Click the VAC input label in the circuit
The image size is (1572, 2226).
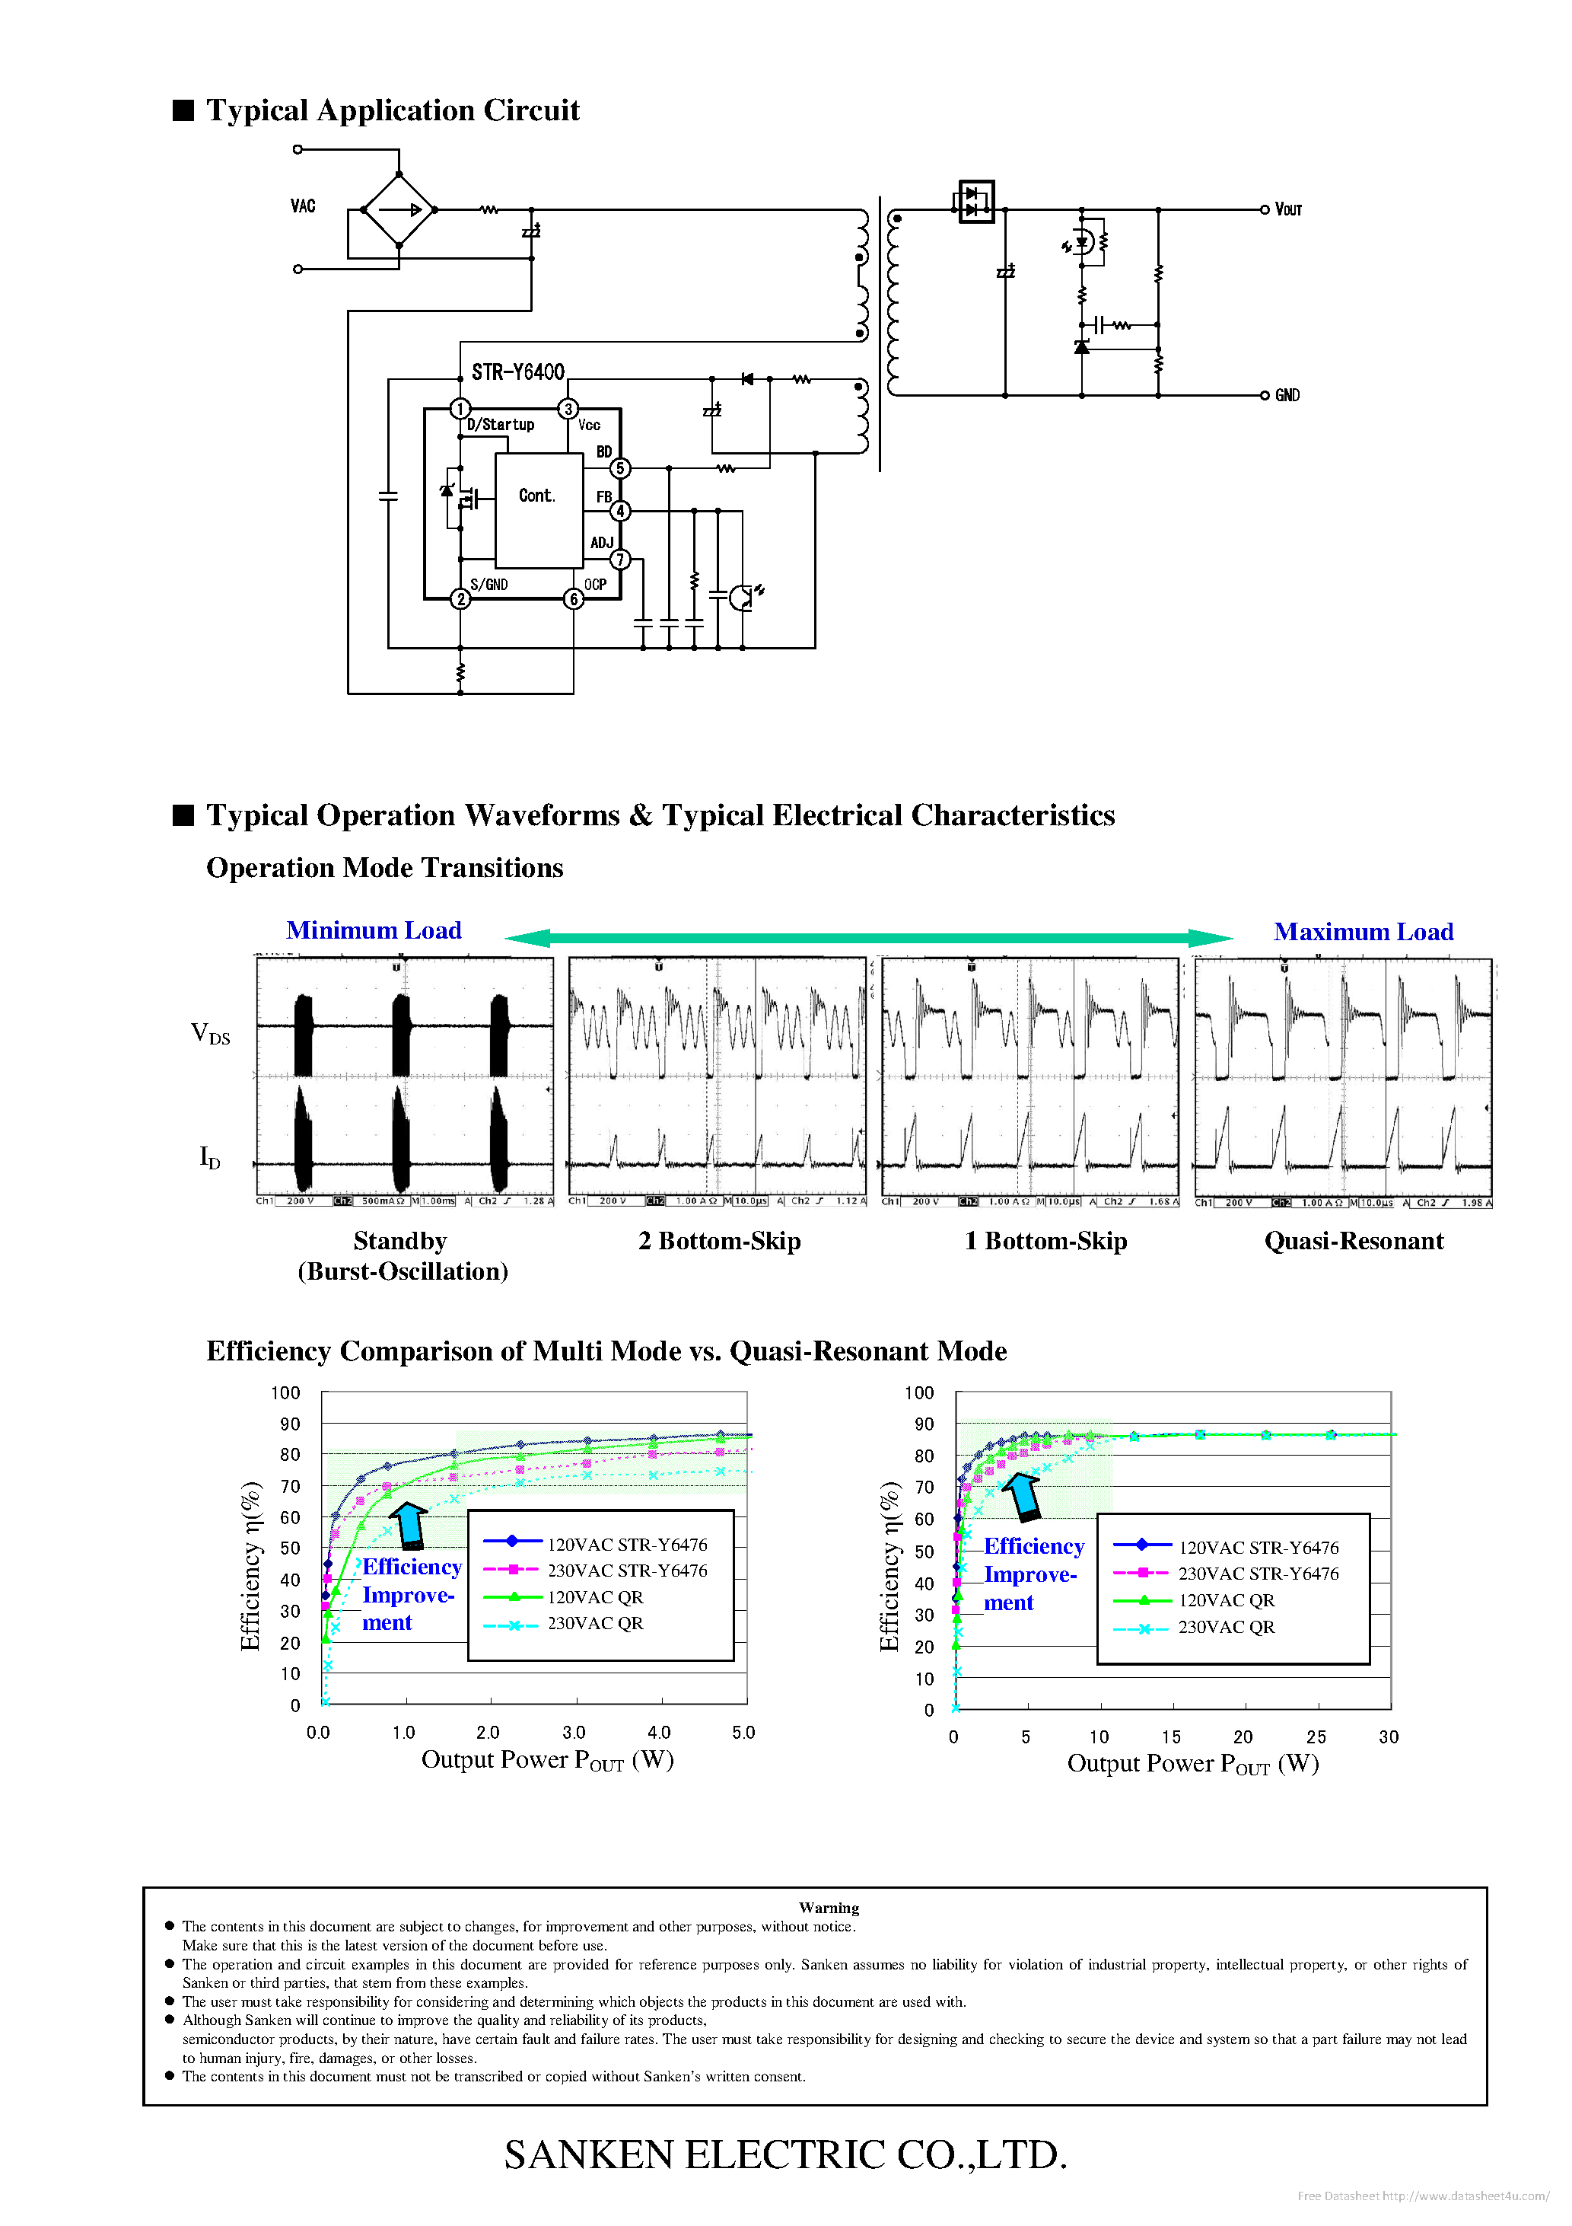302,206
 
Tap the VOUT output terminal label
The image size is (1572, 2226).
1288,209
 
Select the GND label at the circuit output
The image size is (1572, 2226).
1287,396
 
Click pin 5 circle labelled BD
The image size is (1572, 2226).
620,468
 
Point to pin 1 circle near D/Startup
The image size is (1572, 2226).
460,409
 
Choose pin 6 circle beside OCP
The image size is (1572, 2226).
574,599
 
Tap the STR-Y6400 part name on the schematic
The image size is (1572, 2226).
517,372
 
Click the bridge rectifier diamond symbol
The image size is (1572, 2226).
399,209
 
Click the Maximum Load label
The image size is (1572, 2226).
1363,933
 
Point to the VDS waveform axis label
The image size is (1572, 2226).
210,1034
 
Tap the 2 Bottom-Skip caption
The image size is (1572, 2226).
719,1242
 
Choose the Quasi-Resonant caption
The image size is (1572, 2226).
1353,1242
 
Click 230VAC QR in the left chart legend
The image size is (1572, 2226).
595,1624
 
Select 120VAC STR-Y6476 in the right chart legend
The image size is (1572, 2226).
1258,1548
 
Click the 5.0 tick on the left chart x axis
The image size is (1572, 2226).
743,1733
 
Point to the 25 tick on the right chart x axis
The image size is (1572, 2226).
1315,1737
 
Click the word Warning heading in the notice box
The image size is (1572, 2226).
829,1908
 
